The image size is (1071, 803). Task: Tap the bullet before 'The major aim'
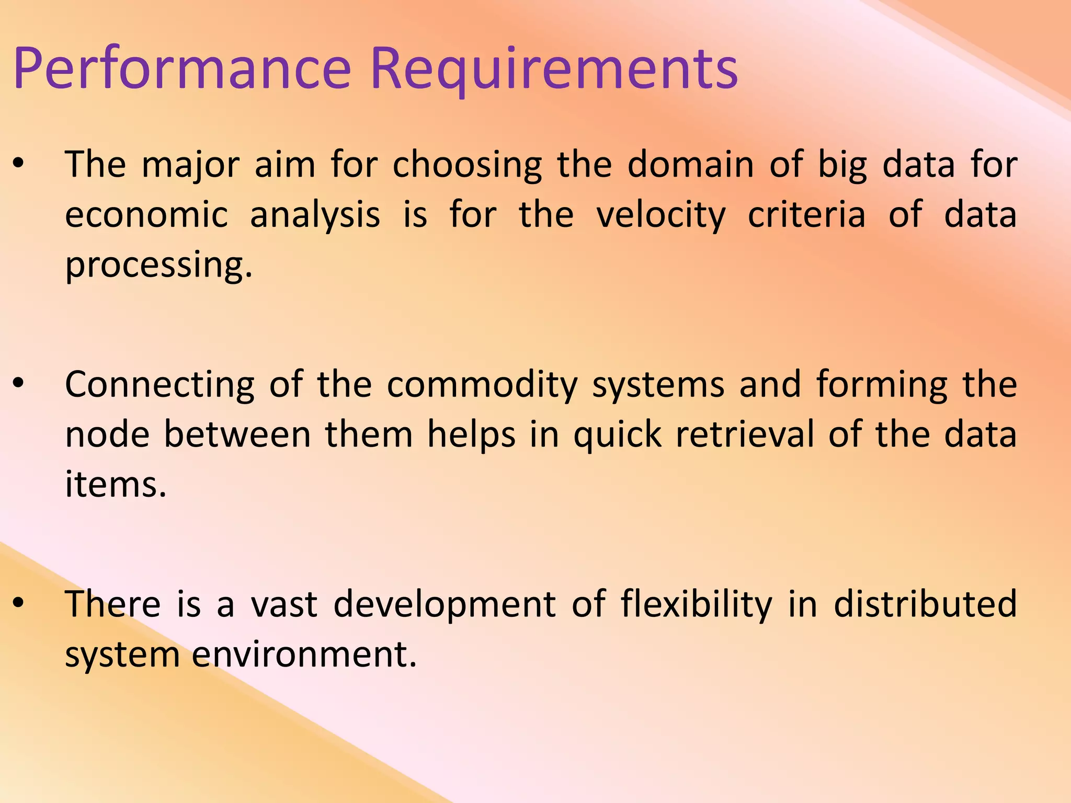pos(19,164)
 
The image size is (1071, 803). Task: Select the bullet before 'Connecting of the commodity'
pos(19,383)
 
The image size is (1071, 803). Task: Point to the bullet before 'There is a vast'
pos(19,603)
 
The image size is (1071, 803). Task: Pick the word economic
pos(146,215)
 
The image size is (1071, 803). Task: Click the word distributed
pos(925,604)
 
